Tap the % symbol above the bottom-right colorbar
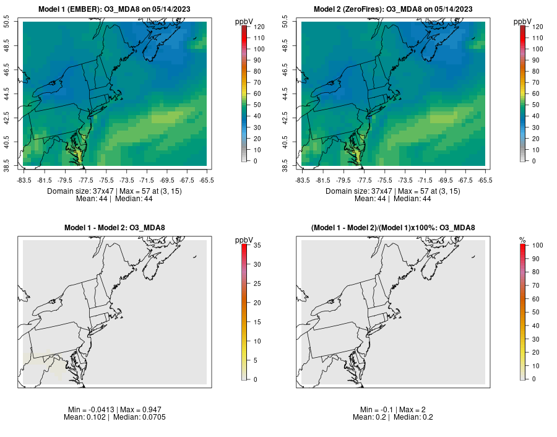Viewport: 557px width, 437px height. click(523, 240)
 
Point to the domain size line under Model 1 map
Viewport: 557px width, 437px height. click(114, 191)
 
